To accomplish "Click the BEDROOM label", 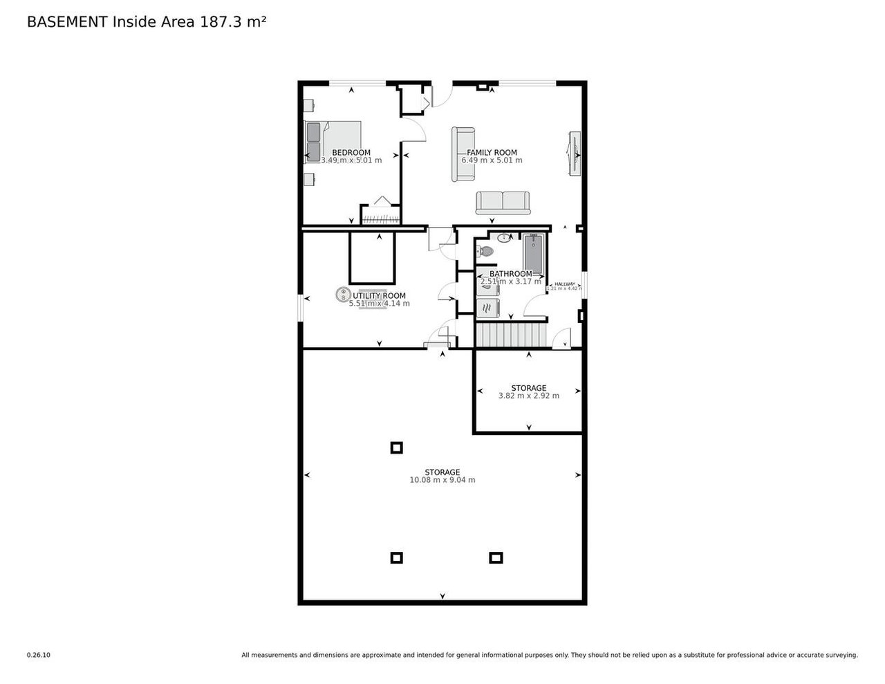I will [351, 153].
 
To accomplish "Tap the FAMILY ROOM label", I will [492, 153].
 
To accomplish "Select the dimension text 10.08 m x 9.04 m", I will [442, 480].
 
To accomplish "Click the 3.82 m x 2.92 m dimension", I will [529, 396].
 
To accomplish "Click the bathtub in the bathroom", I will [534, 253].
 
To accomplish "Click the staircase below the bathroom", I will [510, 336].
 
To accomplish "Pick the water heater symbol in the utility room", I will [342, 295].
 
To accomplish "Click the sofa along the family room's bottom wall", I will [503, 203].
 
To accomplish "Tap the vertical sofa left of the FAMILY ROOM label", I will [462, 154].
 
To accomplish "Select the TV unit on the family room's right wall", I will [574, 154].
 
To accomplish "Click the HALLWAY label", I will [565, 284].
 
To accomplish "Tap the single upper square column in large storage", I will [396, 447].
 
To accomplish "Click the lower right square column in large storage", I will [496, 557].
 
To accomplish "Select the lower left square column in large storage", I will [396, 557].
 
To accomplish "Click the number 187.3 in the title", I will [221, 21].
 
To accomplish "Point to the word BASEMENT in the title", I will [66, 21].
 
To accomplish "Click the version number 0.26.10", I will [39, 655].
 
